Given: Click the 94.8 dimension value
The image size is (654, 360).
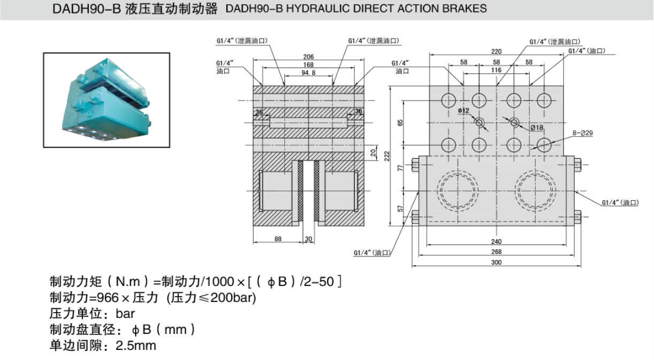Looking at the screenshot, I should click(x=309, y=73).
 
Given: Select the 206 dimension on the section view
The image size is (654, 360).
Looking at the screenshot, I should click(x=308, y=57).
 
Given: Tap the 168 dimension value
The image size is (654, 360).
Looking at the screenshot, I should click(x=308, y=65).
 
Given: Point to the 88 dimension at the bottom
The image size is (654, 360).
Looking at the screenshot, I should click(x=278, y=239).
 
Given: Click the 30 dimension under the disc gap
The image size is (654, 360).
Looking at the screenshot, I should click(x=308, y=239).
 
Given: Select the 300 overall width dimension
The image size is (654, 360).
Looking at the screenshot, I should click(x=495, y=262).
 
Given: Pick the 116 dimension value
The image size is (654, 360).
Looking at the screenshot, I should click(x=496, y=70).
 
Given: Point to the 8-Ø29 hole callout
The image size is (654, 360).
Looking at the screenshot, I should click(x=583, y=133).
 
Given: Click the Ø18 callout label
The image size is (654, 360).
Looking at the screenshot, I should click(x=537, y=127).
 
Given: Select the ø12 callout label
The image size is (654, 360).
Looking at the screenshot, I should click(x=463, y=111).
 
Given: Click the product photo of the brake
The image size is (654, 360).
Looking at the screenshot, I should click(x=107, y=100).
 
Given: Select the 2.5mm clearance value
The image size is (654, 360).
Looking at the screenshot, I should click(x=136, y=345).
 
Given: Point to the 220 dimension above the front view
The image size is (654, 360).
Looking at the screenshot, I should click(x=496, y=52).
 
